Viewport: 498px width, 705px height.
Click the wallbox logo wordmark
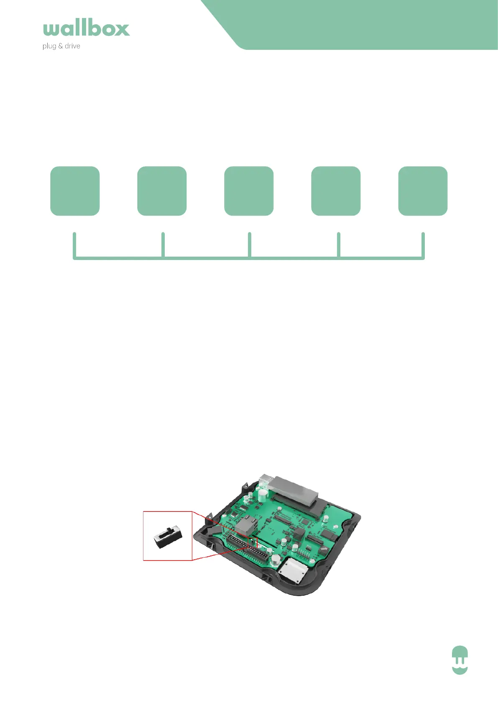tap(86, 28)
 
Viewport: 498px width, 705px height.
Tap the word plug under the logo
tap(49, 46)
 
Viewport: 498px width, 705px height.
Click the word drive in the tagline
tap(72, 46)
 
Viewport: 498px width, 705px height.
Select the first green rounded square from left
tap(75, 191)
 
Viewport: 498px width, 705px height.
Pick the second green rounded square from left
tap(162, 191)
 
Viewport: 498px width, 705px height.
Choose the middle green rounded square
tap(249, 191)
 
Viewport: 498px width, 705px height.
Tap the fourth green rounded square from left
tap(336, 191)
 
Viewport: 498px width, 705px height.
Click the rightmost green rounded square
tap(423, 191)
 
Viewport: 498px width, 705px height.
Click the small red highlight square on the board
tap(253, 543)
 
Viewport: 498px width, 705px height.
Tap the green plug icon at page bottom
tap(460, 660)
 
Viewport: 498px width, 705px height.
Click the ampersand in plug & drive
tap(60, 46)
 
